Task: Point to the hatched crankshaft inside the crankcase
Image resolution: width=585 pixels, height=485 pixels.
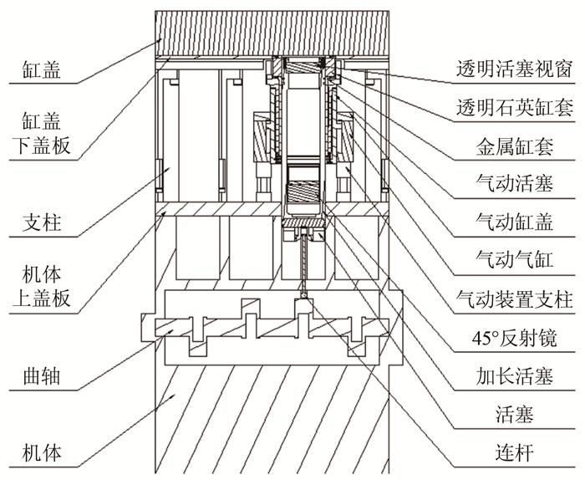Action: point(267,331)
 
